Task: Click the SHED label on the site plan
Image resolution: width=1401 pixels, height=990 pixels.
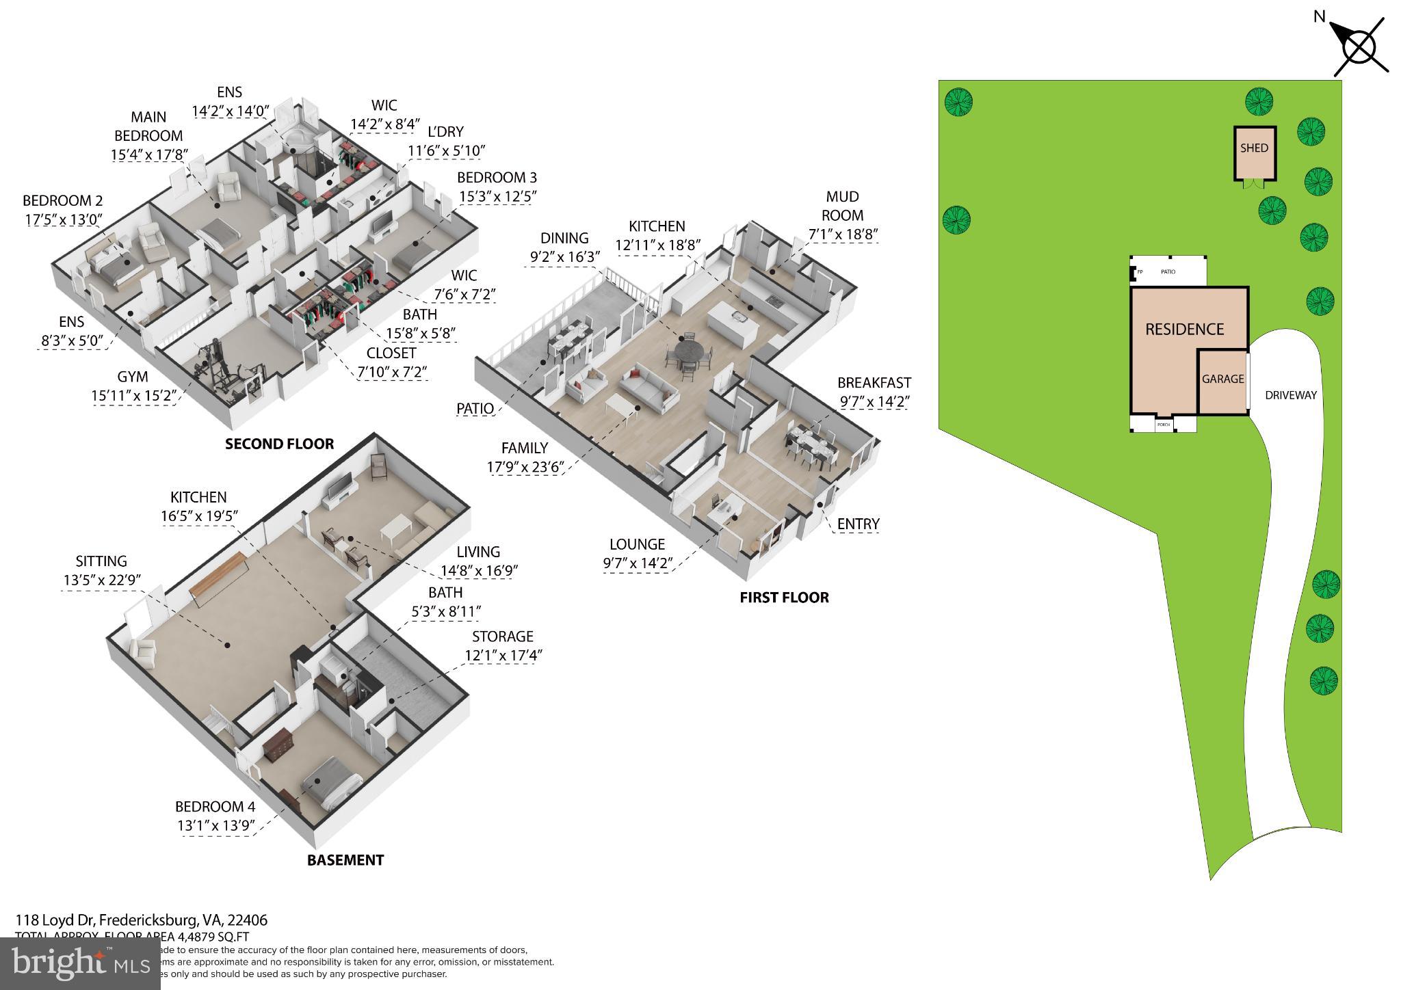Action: click(x=1254, y=148)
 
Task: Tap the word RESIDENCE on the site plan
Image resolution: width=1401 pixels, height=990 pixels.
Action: click(x=1184, y=330)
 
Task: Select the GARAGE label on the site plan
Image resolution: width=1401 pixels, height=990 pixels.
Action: click(x=1222, y=379)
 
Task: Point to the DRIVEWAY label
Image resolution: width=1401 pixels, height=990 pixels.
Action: click(x=1290, y=395)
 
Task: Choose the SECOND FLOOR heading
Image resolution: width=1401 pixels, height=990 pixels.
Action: click(x=279, y=444)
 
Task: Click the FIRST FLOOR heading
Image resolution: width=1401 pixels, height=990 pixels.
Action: click(x=784, y=598)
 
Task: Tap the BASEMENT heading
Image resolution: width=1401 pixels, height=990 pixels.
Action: click(x=345, y=860)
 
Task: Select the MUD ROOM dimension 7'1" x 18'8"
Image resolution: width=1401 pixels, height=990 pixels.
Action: click(x=843, y=234)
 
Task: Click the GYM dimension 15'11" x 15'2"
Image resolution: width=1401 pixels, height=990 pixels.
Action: click(x=134, y=395)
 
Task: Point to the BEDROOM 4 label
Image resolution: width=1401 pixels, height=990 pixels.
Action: click(x=215, y=807)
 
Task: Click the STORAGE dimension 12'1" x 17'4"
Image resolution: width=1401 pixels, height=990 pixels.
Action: click(x=503, y=655)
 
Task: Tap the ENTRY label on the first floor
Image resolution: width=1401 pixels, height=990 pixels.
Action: click(x=858, y=524)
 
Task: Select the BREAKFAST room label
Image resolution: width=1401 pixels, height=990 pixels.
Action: click(x=874, y=383)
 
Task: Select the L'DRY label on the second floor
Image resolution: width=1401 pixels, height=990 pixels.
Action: click(x=445, y=132)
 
